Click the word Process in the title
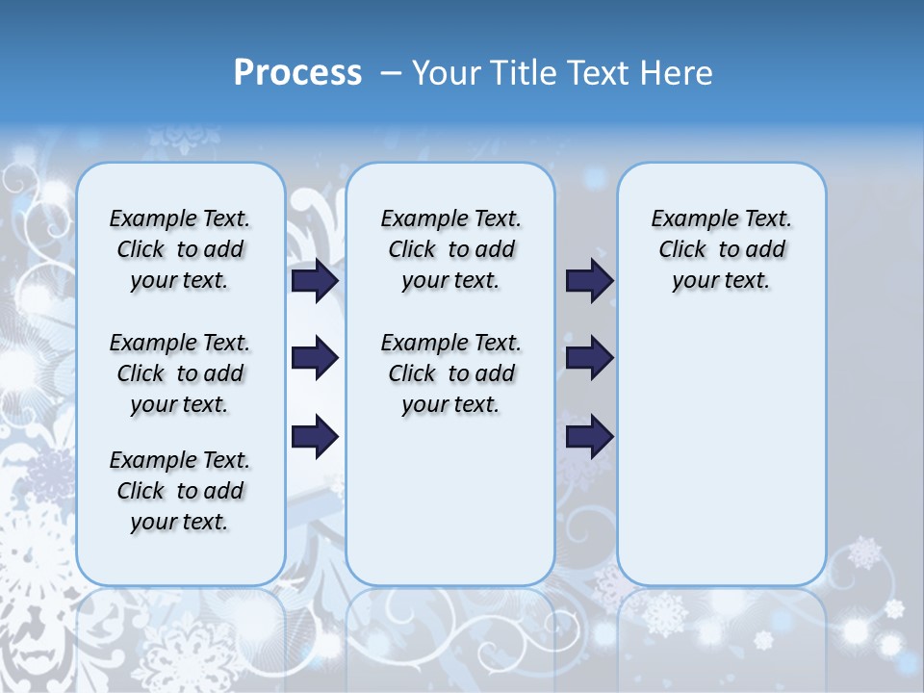(297, 73)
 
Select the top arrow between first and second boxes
(315, 280)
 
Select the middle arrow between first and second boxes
(315, 358)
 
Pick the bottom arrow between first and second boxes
(315, 437)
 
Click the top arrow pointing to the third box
(589, 280)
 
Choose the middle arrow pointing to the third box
(589, 358)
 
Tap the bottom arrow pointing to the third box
(589, 437)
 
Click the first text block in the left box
(180, 249)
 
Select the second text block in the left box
(180, 373)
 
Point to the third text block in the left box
(180, 491)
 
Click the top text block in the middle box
(450, 249)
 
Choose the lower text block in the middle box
(450, 373)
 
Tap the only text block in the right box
(721, 249)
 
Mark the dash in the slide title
(391, 73)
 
